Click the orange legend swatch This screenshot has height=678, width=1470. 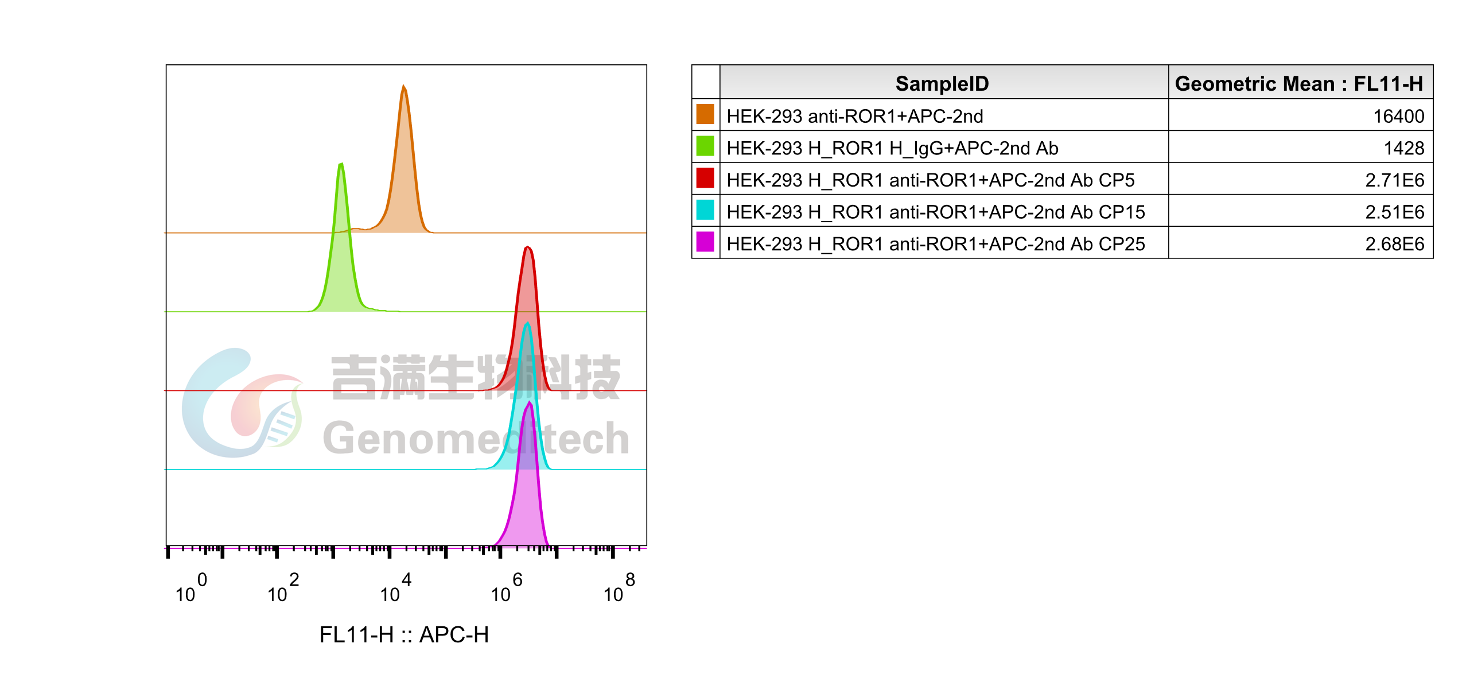[705, 114]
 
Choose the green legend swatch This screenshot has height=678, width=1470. [705, 146]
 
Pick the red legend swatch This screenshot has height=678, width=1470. [705, 178]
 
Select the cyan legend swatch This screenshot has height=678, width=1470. [705, 210]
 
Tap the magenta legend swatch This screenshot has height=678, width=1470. [705, 242]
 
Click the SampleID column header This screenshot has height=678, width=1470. [942, 84]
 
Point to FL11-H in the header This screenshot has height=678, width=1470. [1388, 84]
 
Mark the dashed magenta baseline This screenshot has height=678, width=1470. [344, 549]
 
